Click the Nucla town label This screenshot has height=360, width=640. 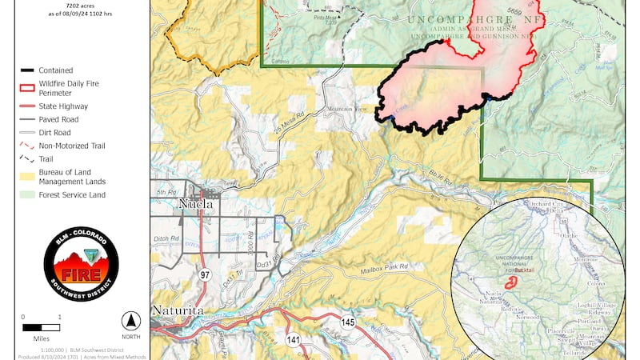click(x=198, y=203)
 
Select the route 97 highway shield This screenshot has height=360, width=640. click(x=205, y=275)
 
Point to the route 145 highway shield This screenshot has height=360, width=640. click(x=347, y=322)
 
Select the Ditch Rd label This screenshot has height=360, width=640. click(x=165, y=236)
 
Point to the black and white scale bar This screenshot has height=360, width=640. click(x=42, y=327)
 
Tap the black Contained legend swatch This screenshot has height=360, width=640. click(x=27, y=70)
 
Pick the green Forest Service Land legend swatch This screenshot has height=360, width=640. click(x=27, y=194)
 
